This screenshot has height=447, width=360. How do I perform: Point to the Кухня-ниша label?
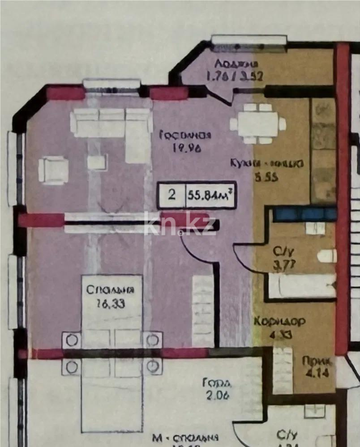point(267,163)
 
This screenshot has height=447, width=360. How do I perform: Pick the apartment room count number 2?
point(171,196)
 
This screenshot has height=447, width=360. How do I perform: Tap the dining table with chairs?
point(258,123)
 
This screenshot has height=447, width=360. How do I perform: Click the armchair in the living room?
point(53,170)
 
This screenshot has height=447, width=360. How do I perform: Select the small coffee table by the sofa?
point(97,162)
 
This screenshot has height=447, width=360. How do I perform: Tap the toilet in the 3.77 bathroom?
point(327,256)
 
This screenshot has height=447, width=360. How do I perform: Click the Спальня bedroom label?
point(110,289)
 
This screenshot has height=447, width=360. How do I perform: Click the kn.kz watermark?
point(180,225)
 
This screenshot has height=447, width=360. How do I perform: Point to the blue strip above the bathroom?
point(304,214)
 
